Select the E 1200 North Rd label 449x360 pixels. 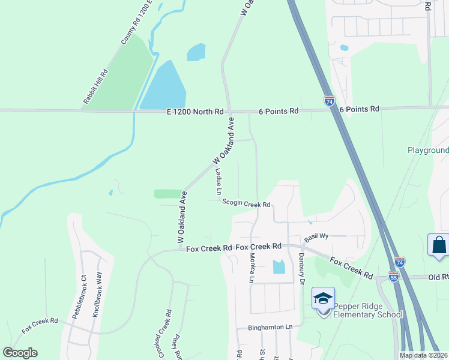point(194,111)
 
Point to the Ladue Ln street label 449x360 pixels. point(218,181)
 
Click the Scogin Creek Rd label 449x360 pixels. point(247,204)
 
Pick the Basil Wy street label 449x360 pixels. point(316,236)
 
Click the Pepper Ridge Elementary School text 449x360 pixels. point(367,310)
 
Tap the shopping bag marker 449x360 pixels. point(439,245)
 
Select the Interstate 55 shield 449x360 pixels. point(393,277)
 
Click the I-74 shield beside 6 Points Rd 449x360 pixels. point(329,101)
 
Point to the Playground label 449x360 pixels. point(428,150)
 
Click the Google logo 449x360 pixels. point(20,353)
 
